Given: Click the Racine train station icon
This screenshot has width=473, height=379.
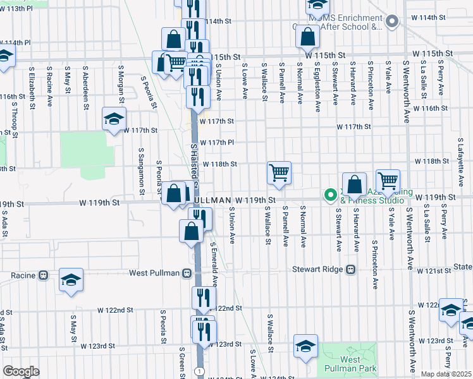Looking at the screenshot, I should coord(44,275).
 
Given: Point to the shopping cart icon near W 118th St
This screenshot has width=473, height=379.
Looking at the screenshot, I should coord(279,172).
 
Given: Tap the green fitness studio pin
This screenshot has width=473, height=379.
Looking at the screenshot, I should coord(329,195).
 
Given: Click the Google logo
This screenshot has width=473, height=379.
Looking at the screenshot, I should coord(21,371).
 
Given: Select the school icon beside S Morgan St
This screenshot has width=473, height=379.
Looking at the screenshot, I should coord(114,119).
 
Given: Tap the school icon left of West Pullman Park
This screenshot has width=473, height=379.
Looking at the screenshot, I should coord(305,346).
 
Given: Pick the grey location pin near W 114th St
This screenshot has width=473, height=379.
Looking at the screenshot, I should coord(391,22).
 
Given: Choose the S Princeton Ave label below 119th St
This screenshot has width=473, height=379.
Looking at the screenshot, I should coord(374,262).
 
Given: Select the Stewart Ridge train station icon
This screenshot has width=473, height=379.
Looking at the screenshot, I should coord(350,269).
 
